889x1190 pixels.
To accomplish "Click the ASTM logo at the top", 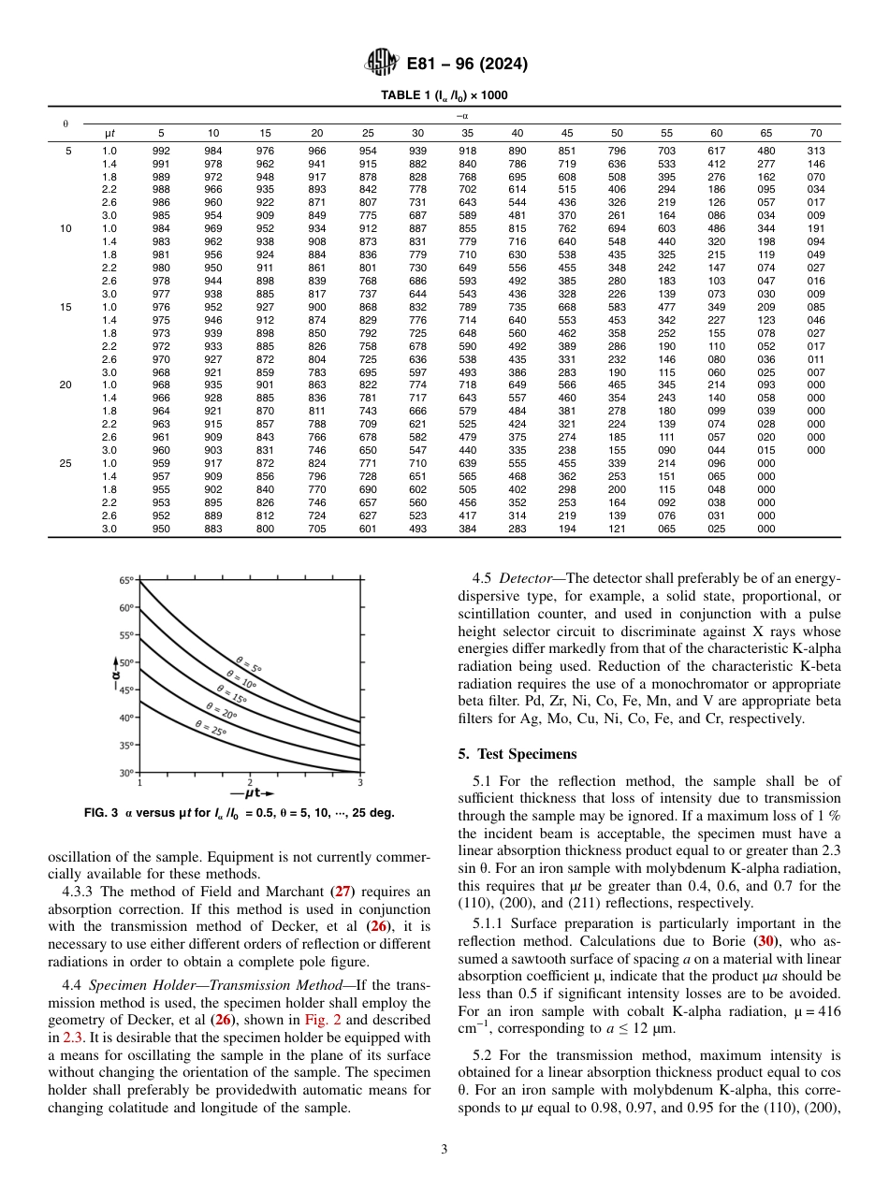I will [x=381, y=64].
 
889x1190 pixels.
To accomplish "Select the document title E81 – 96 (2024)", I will [x=467, y=65].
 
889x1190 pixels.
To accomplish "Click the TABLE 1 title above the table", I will [x=444, y=95].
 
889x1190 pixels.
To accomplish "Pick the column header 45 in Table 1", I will [x=567, y=134].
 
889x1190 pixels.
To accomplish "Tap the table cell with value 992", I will [x=161, y=151].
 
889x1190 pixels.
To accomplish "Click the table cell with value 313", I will [x=815, y=151].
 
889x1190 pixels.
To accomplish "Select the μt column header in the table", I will [x=109, y=134].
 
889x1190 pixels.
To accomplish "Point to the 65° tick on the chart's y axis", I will [x=125, y=581].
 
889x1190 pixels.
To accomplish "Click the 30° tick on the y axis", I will [x=125, y=773].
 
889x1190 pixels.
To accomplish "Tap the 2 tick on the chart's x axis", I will [x=250, y=782].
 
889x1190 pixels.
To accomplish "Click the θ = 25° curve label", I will [x=211, y=727].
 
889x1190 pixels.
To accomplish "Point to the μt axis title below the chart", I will [x=251, y=794].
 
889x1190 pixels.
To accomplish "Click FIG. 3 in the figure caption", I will [x=100, y=813].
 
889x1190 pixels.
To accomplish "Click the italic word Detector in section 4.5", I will [x=530, y=578].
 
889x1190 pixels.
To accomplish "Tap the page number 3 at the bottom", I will [x=444, y=1149].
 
